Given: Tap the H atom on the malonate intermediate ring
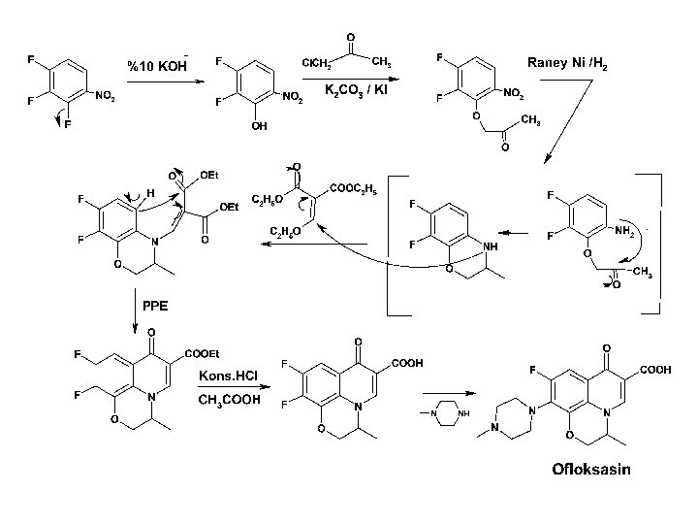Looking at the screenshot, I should [x=149, y=192].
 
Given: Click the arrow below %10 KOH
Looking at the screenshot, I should [x=159, y=82].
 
